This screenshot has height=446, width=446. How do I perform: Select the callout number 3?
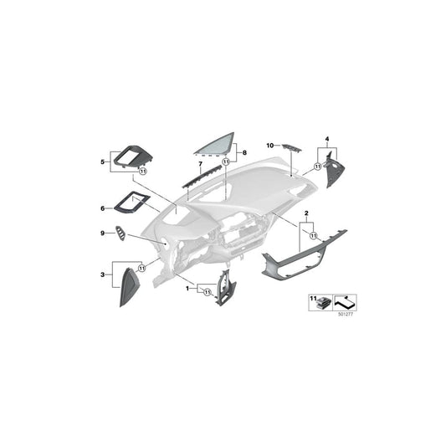102,273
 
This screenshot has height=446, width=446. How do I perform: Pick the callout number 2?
307,214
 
